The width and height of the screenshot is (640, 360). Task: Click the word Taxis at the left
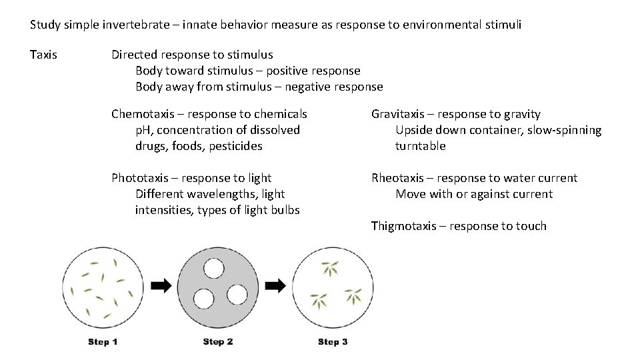click(x=43, y=55)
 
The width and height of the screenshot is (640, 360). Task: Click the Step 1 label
click(x=103, y=342)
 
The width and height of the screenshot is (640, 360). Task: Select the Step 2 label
click(x=218, y=342)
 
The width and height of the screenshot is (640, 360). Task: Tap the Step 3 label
click(x=333, y=342)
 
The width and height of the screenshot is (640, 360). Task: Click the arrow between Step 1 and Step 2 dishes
click(x=161, y=285)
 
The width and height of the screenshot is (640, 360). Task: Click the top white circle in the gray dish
click(x=214, y=269)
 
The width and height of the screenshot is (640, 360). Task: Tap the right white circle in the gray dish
click(x=236, y=294)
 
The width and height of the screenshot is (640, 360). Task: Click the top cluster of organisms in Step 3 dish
click(x=331, y=269)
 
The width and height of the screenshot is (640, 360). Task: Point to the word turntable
click(x=420, y=146)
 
